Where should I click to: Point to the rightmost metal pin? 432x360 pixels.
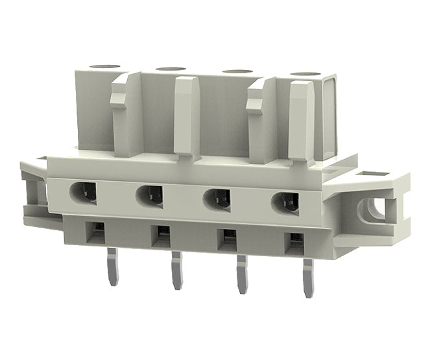306,275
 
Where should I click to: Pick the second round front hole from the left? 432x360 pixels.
149,195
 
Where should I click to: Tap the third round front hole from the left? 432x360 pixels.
217,198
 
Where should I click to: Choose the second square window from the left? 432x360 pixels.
160,234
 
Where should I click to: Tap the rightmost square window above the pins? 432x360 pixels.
291,241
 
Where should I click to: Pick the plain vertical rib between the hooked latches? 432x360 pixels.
187,117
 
